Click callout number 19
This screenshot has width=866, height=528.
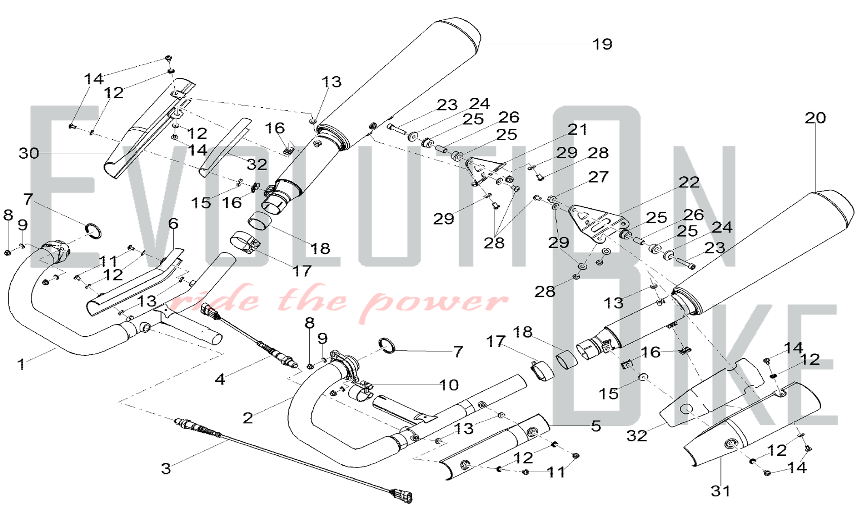tap(602, 44)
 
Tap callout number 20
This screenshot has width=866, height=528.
tap(815, 118)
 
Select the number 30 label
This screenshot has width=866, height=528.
tap(29, 153)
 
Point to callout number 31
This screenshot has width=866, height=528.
tap(720, 491)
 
